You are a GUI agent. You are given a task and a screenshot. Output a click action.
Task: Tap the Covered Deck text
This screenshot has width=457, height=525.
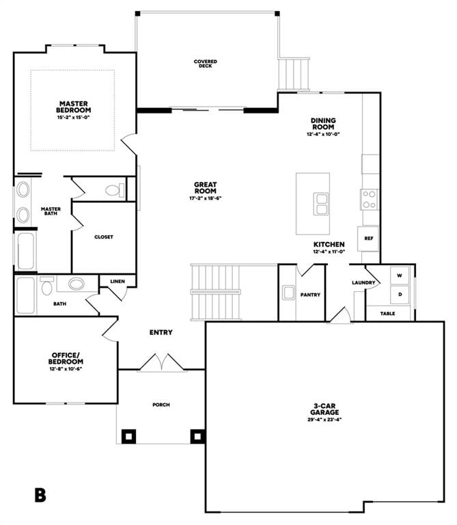tap(206, 64)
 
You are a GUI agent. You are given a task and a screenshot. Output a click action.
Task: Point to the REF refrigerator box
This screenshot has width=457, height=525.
tap(369, 239)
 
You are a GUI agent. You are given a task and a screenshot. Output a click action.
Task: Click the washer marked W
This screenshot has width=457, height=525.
tap(400, 275)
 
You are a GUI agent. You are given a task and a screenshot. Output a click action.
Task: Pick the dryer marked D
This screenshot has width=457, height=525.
tap(400, 295)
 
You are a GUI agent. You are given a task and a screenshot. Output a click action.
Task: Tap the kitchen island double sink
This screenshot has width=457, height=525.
tap(321, 203)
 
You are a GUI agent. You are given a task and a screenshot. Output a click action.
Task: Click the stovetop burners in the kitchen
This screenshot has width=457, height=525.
tap(370, 199)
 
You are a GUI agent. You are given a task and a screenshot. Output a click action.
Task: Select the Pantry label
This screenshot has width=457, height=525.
tap(310, 295)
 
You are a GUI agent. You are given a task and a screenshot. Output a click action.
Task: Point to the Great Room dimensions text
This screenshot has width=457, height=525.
tap(206, 198)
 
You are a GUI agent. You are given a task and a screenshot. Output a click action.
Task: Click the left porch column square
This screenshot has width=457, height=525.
tap(128, 435)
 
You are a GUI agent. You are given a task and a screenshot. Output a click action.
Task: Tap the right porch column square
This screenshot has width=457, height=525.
tap(197, 435)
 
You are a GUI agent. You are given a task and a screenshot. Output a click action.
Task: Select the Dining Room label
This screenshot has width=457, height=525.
tap(323, 124)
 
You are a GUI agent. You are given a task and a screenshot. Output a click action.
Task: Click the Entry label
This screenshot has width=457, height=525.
tap(161, 333)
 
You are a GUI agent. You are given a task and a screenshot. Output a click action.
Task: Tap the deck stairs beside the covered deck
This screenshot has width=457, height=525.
tap(294, 74)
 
